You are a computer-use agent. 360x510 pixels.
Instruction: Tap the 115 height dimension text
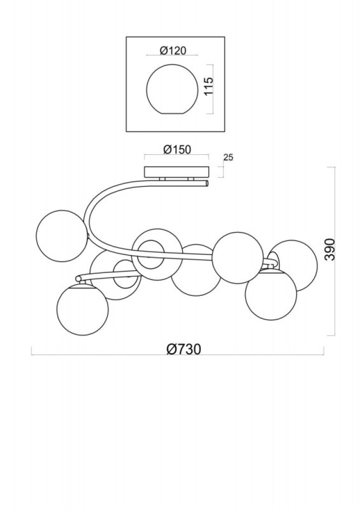[x=208, y=87]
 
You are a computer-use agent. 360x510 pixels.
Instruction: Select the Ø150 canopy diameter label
[x=177, y=150]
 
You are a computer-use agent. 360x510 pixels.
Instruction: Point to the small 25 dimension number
[x=229, y=158]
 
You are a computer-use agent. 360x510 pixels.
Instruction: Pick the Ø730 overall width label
[x=184, y=350]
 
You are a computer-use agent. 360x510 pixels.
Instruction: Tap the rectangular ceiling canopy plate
[x=177, y=171]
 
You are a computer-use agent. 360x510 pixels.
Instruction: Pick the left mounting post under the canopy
[x=162, y=179]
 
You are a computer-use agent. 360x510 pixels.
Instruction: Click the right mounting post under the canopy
[x=191, y=179]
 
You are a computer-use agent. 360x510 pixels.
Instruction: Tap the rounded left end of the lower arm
[x=78, y=278]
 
